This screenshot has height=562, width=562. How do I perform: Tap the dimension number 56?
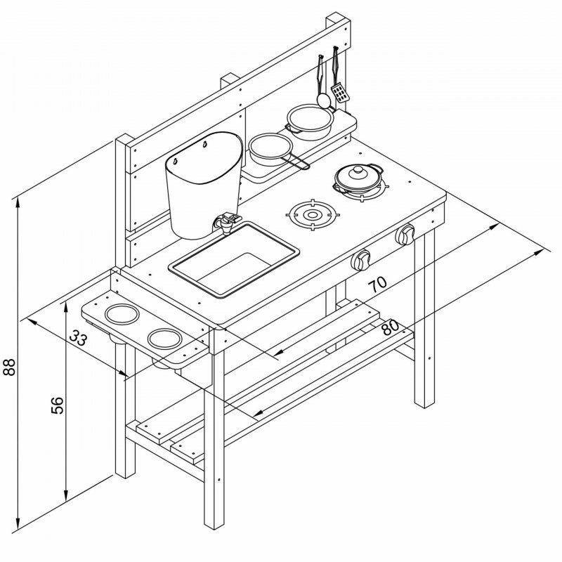pyautogui.click(x=58, y=405)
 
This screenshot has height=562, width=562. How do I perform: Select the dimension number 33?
pyautogui.click(x=78, y=337)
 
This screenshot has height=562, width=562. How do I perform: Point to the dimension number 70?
pyautogui.click(x=378, y=285)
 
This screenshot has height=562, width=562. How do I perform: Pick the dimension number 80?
pyautogui.click(x=390, y=327)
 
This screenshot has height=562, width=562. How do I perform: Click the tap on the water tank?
pyautogui.click(x=226, y=222)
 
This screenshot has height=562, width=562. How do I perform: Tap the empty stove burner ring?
pyautogui.click(x=313, y=215)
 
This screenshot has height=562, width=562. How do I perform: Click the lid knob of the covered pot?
pyautogui.click(x=358, y=169)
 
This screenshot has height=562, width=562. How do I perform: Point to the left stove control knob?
pyautogui.click(x=361, y=259)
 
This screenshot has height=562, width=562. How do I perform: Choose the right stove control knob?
pyautogui.click(x=405, y=235)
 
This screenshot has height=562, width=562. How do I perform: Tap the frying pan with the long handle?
pyautogui.click(x=277, y=150)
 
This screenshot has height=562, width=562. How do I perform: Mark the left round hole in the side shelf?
pyautogui.click(x=122, y=314)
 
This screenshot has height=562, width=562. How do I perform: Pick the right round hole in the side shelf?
pyautogui.click(x=165, y=339)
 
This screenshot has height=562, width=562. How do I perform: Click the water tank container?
pyautogui.click(x=204, y=185)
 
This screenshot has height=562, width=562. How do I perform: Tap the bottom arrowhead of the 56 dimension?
pyautogui.click(x=65, y=496)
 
